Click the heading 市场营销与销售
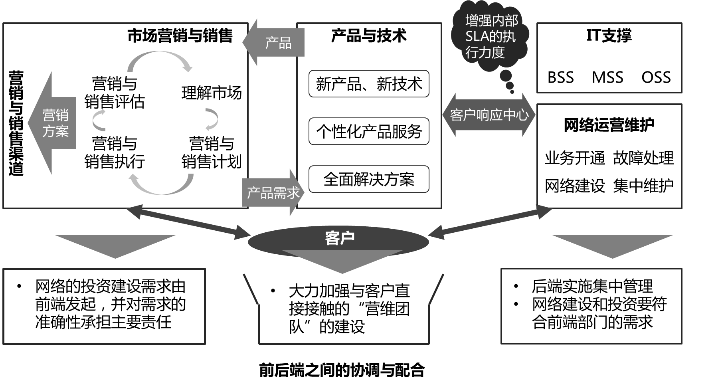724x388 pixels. tap(180, 36)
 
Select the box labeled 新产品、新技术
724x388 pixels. tap(369, 84)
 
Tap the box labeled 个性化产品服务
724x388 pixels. tap(369, 131)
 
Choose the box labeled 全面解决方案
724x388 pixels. tap(369, 179)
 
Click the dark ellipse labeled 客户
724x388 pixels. tap(339, 239)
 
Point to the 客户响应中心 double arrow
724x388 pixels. tap(489, 115)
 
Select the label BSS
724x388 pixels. tap(560, 77)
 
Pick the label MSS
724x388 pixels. tap(607, 77)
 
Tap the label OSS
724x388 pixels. tap(656, 77)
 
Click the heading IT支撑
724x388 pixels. tap(609, 36)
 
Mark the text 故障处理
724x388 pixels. tap(643, 158)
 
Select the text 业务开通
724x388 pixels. tap(575, 158)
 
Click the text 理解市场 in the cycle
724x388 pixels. tap(212, 93)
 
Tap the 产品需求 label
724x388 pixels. tap(273, 193)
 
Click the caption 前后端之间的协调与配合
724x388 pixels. tap(342, 370)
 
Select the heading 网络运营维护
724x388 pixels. tap(609, 125)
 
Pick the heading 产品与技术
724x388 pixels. tap(369, 36)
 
